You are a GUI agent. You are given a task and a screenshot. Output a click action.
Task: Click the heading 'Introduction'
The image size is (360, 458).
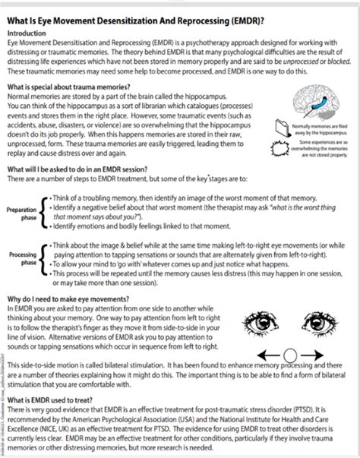point(27,34)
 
